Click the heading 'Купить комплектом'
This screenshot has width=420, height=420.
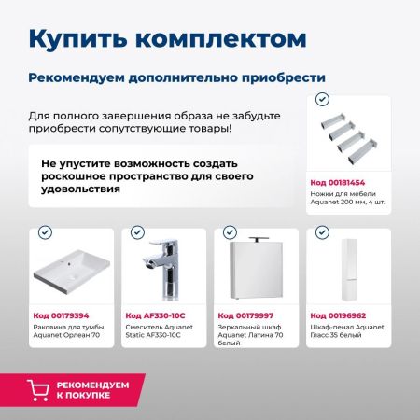click(166, 39)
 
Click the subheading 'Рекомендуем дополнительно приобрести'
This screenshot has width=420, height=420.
click(176, 77)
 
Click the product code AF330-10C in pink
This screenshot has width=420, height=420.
click(154, 315)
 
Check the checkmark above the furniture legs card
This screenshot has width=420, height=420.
click(323, 98)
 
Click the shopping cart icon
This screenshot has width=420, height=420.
click(39, 388)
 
